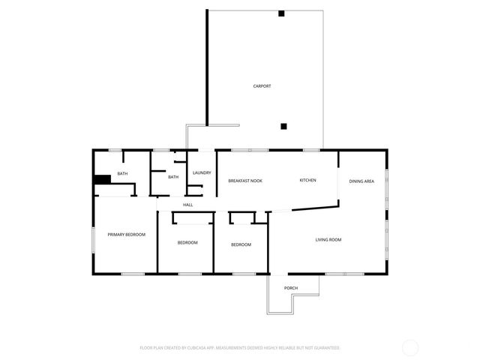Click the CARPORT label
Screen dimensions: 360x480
pos(262,86)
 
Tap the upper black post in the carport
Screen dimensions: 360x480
pos(281,13)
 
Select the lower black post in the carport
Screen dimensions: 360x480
pos(283,126)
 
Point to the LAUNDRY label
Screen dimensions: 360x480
pos(202,173)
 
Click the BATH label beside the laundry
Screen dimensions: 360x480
pos(173,177)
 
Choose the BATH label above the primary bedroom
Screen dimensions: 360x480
pos(122,174)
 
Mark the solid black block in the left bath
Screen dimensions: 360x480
pos(102,178)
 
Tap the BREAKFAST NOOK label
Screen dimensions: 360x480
pos(245,181)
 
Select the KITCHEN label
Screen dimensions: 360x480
pos(307,181)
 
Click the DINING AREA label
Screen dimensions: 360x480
pos(361,181)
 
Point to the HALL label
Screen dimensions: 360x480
pos(187,205)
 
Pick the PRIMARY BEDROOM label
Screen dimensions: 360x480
pos(126,235)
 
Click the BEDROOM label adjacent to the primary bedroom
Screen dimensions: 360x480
pos(187,243)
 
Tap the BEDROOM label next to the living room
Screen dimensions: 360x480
pos(241,245)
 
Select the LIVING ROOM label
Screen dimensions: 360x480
pos(328,240)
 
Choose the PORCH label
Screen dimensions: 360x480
pos(291,289)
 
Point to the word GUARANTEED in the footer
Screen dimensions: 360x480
pos(326,348)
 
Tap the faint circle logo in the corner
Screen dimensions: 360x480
pos(410,347)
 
